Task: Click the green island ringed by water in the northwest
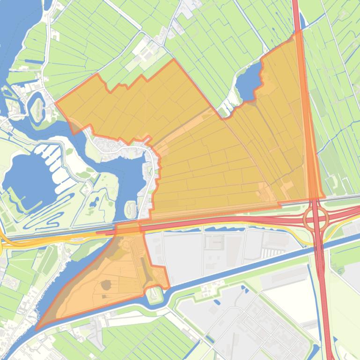[x=37, y=105]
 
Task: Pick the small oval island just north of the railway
[x=131, y=206]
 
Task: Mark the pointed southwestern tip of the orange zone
[x=37, y=329]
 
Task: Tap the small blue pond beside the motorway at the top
[x=301, y=21]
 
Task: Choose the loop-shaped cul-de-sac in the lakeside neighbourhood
[x=111, y=145]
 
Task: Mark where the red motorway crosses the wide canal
[x=321, y=248]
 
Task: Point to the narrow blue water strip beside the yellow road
[x=225, y=229]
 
